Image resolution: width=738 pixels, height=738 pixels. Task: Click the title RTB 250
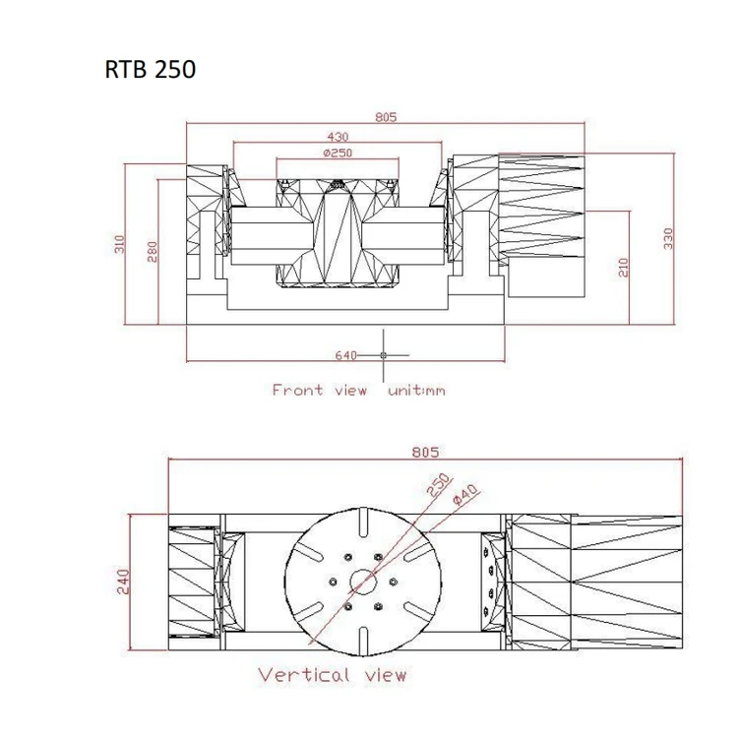[x=150, y=71]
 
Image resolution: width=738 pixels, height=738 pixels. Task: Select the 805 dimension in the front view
[x=385, y=116]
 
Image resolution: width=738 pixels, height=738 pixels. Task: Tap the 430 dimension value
[x=338, y=136]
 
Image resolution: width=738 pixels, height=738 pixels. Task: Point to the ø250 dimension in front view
[x=338, y=153]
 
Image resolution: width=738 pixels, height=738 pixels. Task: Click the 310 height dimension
[x=120, y=243]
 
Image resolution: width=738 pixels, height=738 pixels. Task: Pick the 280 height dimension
[x=152, y=252]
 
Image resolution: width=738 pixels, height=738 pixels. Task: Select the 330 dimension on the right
[x=669, y=238]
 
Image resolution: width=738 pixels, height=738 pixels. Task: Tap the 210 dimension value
[x=623, y=267]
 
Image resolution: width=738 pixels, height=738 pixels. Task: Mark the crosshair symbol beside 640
[x=383, y=354]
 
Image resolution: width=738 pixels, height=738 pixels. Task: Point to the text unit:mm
[x=416, y=391]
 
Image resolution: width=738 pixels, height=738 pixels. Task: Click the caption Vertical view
[x=333, y=675]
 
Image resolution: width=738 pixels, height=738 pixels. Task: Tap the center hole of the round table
[x=362, y=582]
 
